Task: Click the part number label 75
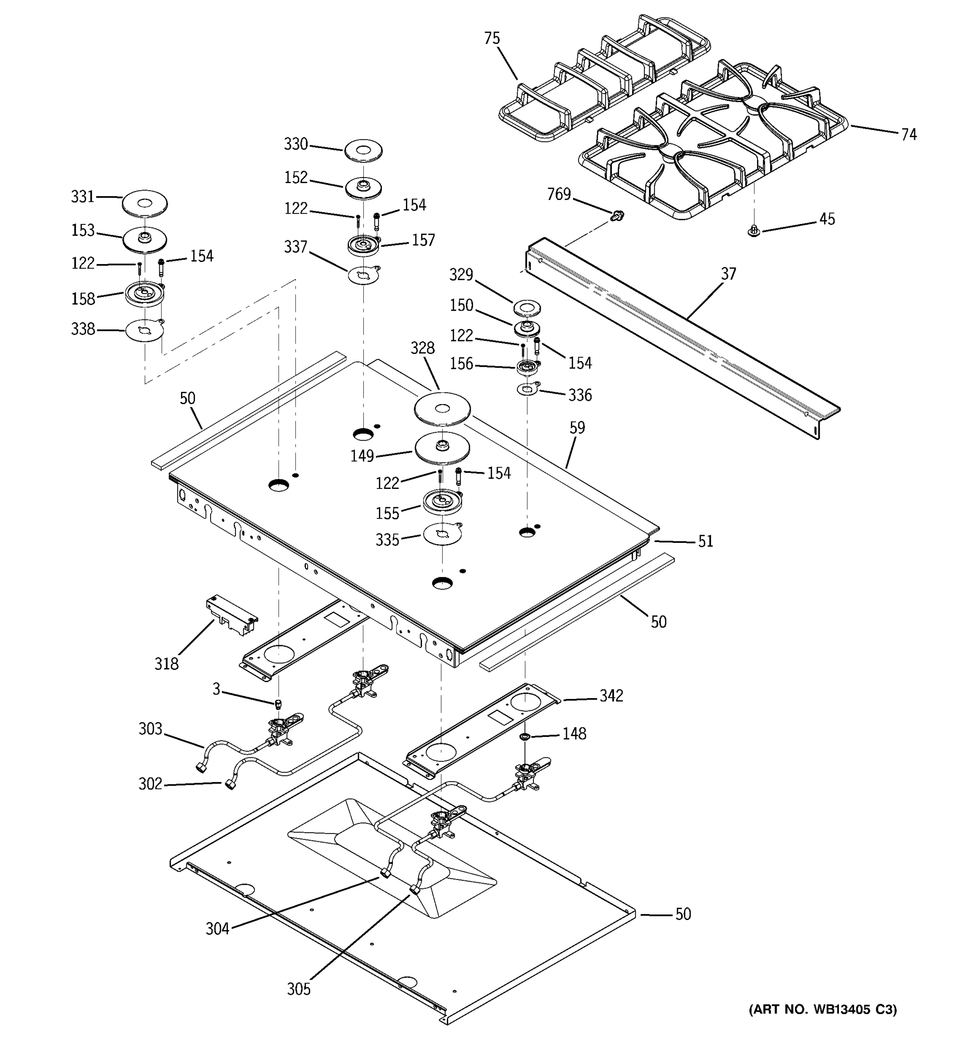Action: (x=492, y=38)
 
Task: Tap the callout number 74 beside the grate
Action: (x=909, y=134)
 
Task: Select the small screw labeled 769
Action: (x=618, y=215)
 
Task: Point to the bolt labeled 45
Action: (x=754, y=231)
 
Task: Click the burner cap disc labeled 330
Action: (x=363, y=151)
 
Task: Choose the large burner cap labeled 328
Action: (x=442, y=409)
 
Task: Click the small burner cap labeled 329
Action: (x=527, y=308)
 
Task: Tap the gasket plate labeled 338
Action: (x=144, y=330)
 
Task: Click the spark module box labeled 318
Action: (x=231, y=616)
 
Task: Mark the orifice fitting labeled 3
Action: (x=279, y=704)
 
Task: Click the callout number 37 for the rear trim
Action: (x=728, y=274)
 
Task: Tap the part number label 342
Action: (x=611, y=696)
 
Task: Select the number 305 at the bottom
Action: (x=298, y=989)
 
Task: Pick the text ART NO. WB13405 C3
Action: (x=822, y=1009)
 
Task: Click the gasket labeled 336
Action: (x=527, y=390)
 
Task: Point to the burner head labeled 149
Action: (x=442, y=449)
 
